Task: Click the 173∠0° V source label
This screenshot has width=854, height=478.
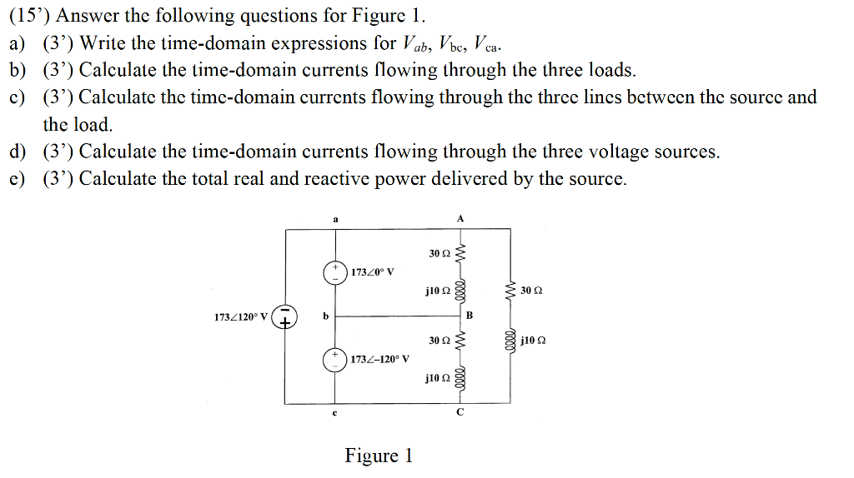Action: tap(373, 272)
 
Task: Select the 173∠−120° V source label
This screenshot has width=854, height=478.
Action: tap(380, 360)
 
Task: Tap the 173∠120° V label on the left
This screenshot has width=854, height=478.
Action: tap(240, 317)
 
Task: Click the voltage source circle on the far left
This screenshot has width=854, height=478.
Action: tap(285, 317)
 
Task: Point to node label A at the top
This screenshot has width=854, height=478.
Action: tap(460, 217)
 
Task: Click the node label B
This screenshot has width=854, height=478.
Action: tap(469, 316)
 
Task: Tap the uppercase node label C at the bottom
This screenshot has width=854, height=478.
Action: tap(460, 412)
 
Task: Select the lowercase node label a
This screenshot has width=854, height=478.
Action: tap(335, 218)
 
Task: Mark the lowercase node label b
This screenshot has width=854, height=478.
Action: tap(326, 316)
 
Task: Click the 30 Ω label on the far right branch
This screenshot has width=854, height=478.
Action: tap(530, 291)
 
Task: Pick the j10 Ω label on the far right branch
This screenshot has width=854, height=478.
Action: tap(532, 341)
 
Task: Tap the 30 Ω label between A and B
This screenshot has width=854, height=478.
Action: tap(439, 251)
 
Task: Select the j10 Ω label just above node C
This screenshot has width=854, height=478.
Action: tap(438, 378)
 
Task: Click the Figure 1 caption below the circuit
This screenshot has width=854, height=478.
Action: tap(379, 456)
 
